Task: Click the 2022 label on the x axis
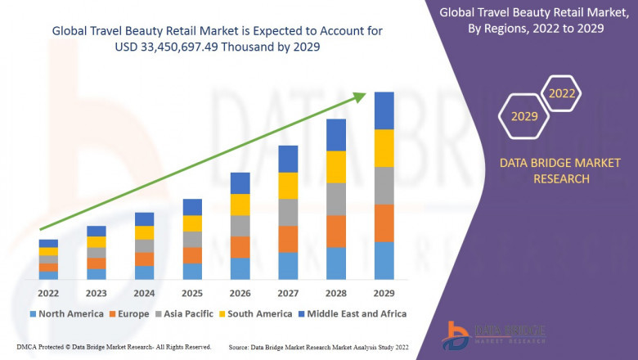click(x=48, y=293)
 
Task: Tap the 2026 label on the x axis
click(x=240, y=293)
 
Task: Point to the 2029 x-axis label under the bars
click(x=384, y=293)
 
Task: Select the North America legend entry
click(x=66, y=313)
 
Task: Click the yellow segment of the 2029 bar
click(x=384, y=148)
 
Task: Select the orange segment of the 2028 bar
click(x=335, y=231)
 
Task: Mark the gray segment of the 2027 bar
click(x=288, y=212)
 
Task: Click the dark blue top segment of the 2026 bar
click(x=240, y=182)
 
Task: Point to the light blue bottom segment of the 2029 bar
click(x=384, y=260)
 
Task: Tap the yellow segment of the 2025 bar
click(x=192, y=223)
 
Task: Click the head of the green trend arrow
click(x=360, y=97)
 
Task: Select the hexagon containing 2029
click(x=524, y=116)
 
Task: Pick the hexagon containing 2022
click(x=562, y=93)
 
